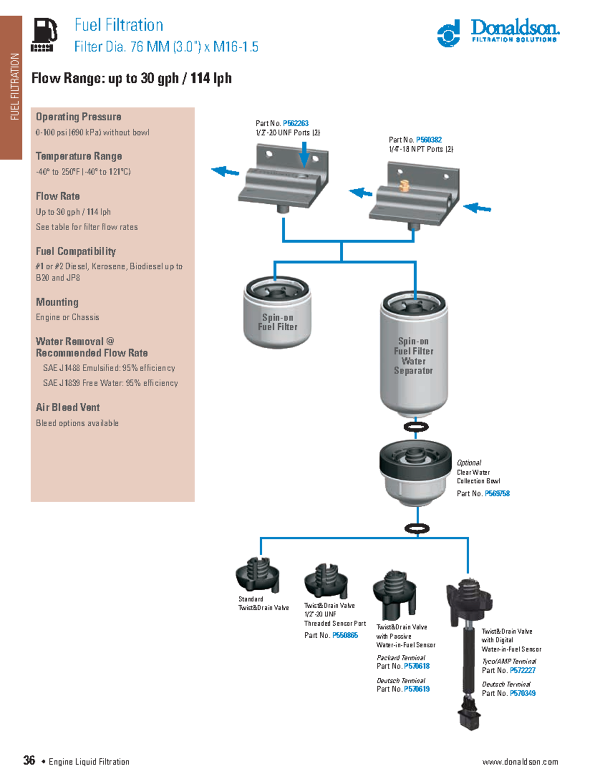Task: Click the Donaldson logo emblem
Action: click(x=448, y=34)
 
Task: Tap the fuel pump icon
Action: click(x=43, y=34)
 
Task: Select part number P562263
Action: click(x=295, y=123)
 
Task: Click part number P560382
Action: click(x=428, y=140)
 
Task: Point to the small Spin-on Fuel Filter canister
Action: click(x=277, y=314)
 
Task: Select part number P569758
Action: click(x=497, y=493)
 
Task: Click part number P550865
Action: click(x=345, y=635)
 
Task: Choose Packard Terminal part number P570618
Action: click(x=416, y=666)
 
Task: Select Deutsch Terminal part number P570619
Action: click(x=416, y=689)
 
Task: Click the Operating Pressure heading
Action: click(x=78, y=117)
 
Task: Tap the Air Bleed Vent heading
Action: click(x=67, y=407)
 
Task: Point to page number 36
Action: click(x=29, y=760)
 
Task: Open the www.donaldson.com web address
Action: click(x=520, y=762)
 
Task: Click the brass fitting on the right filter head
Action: click(x=404, y=186)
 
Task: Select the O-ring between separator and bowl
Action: click(x=416, y=426)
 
